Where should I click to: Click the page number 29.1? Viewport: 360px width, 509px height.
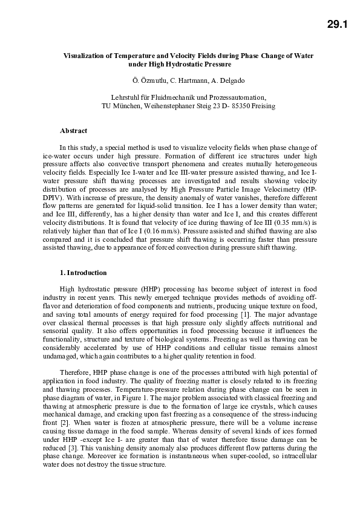[338, 25]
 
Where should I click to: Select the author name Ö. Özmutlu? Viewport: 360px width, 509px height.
[148, 80]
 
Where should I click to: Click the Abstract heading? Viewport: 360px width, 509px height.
[73, 131]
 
